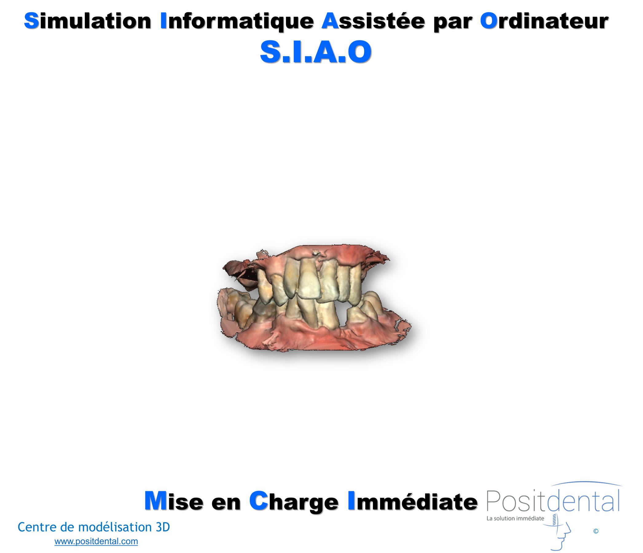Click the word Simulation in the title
tap(88, 21)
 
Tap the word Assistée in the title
tap(373, 21)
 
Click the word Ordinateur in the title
tap(544, 21)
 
